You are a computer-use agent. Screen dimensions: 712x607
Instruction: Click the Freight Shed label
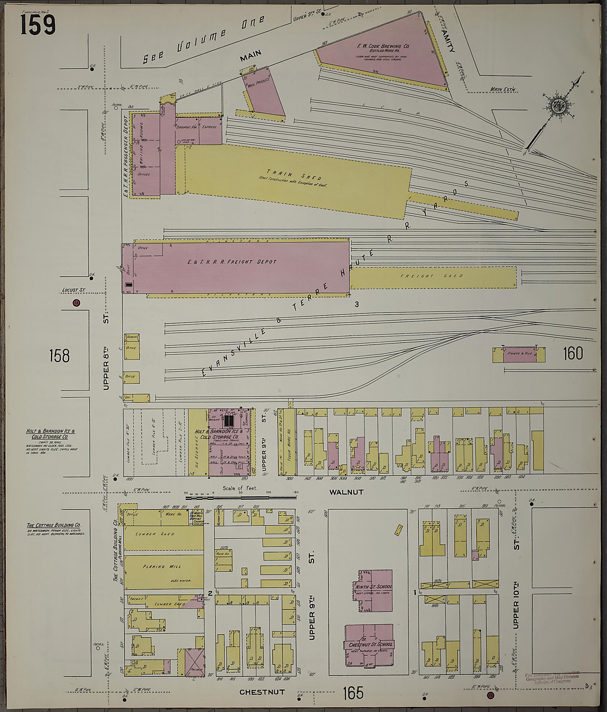(432, 275)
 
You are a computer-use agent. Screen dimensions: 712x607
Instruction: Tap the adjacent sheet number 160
(573, 353)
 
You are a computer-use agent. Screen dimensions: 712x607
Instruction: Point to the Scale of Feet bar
(240, 497)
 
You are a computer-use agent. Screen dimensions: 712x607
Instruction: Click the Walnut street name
(346, 492)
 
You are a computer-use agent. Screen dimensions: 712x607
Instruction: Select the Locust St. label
(73, 290)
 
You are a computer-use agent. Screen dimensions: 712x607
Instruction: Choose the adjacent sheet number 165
(353, 692)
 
